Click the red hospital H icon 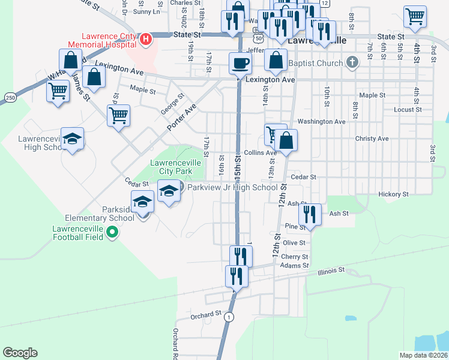145,40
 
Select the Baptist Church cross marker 353,62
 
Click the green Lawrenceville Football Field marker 111,232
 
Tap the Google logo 20,352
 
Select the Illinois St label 331,271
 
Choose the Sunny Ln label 147,11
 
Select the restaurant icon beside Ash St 309,214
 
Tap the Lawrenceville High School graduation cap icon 72,139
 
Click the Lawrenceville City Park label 175,167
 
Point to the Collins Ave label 260,152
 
